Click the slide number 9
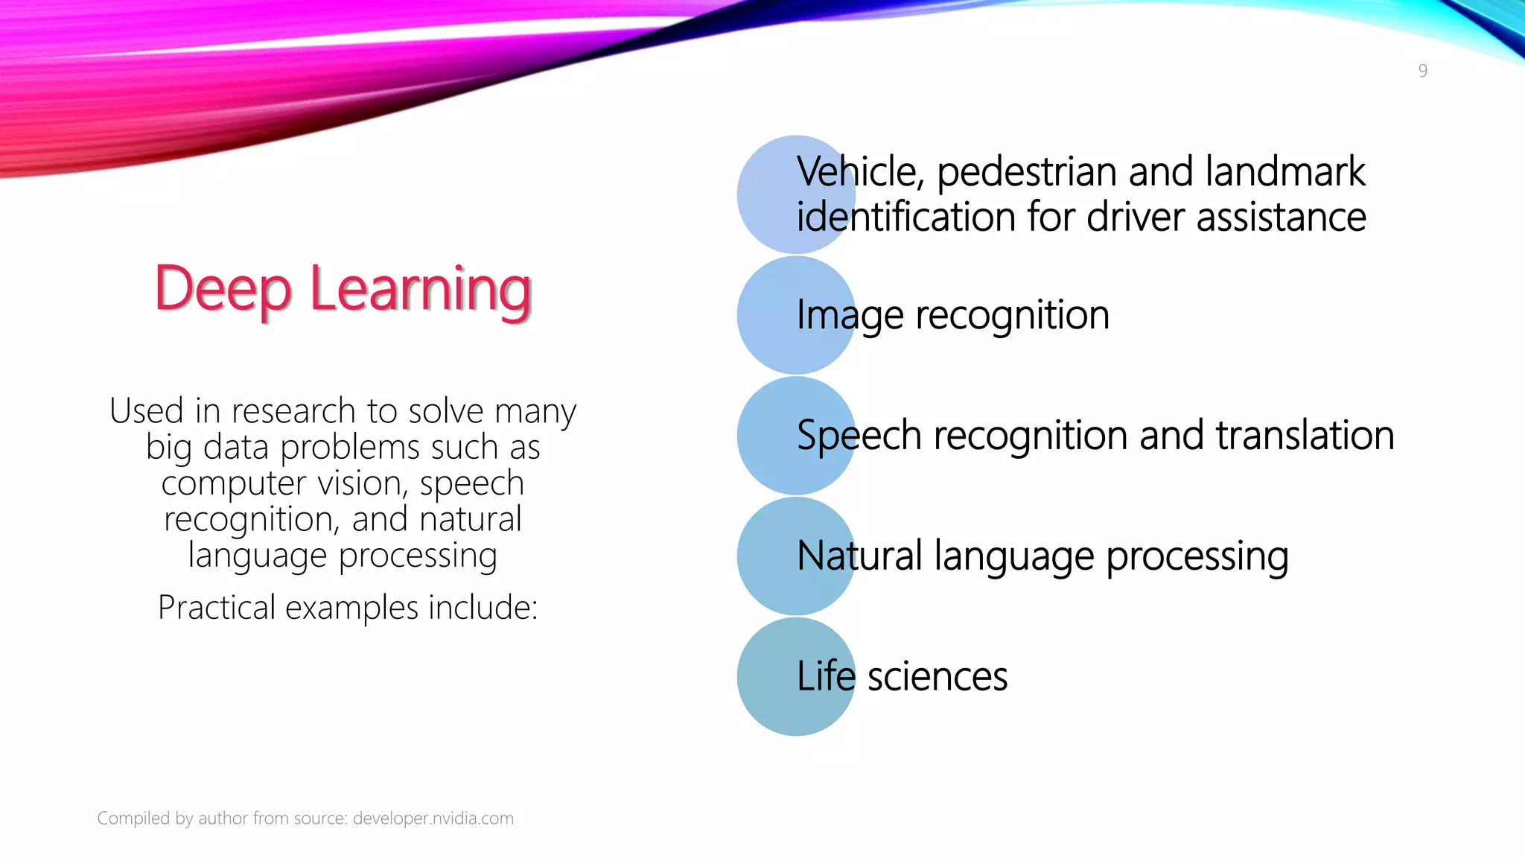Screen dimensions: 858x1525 pos(1422,71)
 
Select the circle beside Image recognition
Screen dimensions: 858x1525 pos(767,315)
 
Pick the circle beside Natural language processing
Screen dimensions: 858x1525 pos(767,556)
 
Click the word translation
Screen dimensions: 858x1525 pos(1305,435)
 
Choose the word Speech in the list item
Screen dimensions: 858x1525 pos(859,435)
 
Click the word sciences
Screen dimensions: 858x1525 pos(937,676)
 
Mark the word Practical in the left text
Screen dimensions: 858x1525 pos(217,608)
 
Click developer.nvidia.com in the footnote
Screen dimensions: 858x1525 pos(433,819)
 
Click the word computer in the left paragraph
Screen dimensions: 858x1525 pos(234,483)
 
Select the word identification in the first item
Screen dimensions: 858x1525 pos(905,217)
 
